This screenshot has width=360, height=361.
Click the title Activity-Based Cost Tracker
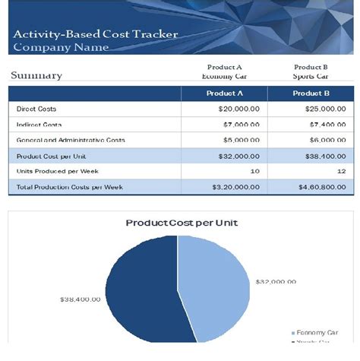click(95, 34)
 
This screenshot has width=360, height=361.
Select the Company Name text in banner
click(61, 47)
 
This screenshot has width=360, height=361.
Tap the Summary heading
click(36, 75)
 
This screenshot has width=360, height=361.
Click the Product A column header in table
click(224, 93)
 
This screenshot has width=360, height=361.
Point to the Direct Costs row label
click(36, 109)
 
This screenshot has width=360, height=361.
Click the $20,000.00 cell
click(238, 109)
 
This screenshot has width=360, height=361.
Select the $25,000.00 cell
click(324, 109)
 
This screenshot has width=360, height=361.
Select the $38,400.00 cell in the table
click(324, 156)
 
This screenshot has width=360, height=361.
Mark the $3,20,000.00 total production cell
click(235, 187)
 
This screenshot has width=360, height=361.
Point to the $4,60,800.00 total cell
click(321, 187)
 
